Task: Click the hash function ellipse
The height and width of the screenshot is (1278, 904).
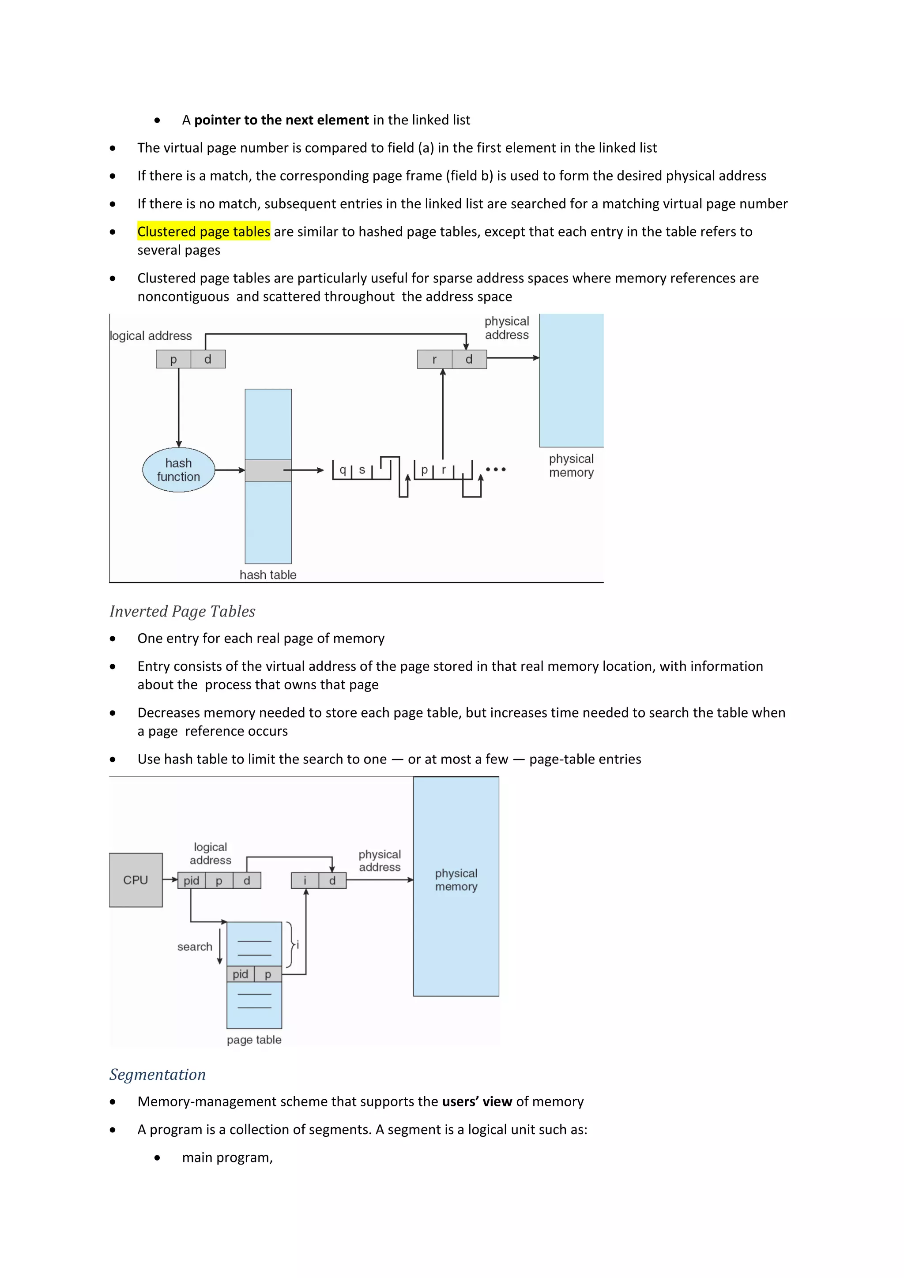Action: pos(179,470)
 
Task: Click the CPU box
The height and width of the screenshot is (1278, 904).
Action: pos(136,880)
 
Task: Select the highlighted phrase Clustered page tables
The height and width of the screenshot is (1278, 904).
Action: pos(204,232)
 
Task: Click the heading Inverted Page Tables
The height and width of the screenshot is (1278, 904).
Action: pos(182,611)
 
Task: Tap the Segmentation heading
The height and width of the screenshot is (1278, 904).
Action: pos(158,1074)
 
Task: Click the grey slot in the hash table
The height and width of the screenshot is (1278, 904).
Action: pos(268,470)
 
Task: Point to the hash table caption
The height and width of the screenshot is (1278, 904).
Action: pos(268,575)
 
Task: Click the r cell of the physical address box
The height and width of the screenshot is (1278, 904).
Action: pos(435,360)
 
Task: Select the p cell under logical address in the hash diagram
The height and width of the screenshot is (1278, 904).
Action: pos(173,360)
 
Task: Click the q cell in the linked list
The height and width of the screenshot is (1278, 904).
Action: pos(343,470)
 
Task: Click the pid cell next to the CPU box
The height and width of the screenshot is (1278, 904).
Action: pos(192,880)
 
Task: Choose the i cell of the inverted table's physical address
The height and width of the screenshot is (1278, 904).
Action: pos(305,880)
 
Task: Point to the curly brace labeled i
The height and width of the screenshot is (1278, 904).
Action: pos(290,944)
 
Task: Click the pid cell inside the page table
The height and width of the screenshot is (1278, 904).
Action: pos(241,974)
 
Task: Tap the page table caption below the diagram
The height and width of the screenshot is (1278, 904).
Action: pos(254,1040)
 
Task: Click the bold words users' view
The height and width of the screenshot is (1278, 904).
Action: pos(477,1101)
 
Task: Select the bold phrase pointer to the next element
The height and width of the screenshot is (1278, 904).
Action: pos(281,120)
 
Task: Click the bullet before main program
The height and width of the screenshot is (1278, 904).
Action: pos(158,1158)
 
